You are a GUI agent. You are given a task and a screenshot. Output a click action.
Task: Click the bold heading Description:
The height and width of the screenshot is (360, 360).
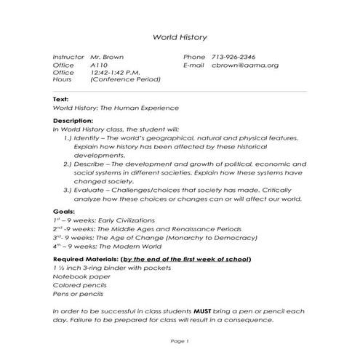(73, 120)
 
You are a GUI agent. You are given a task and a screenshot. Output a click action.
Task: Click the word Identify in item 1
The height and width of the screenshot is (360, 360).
(87, 137)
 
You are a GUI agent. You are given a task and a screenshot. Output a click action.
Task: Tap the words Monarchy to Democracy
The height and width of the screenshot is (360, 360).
(209, 237)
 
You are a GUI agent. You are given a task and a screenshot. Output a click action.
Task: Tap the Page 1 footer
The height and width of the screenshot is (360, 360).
(179, 341)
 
